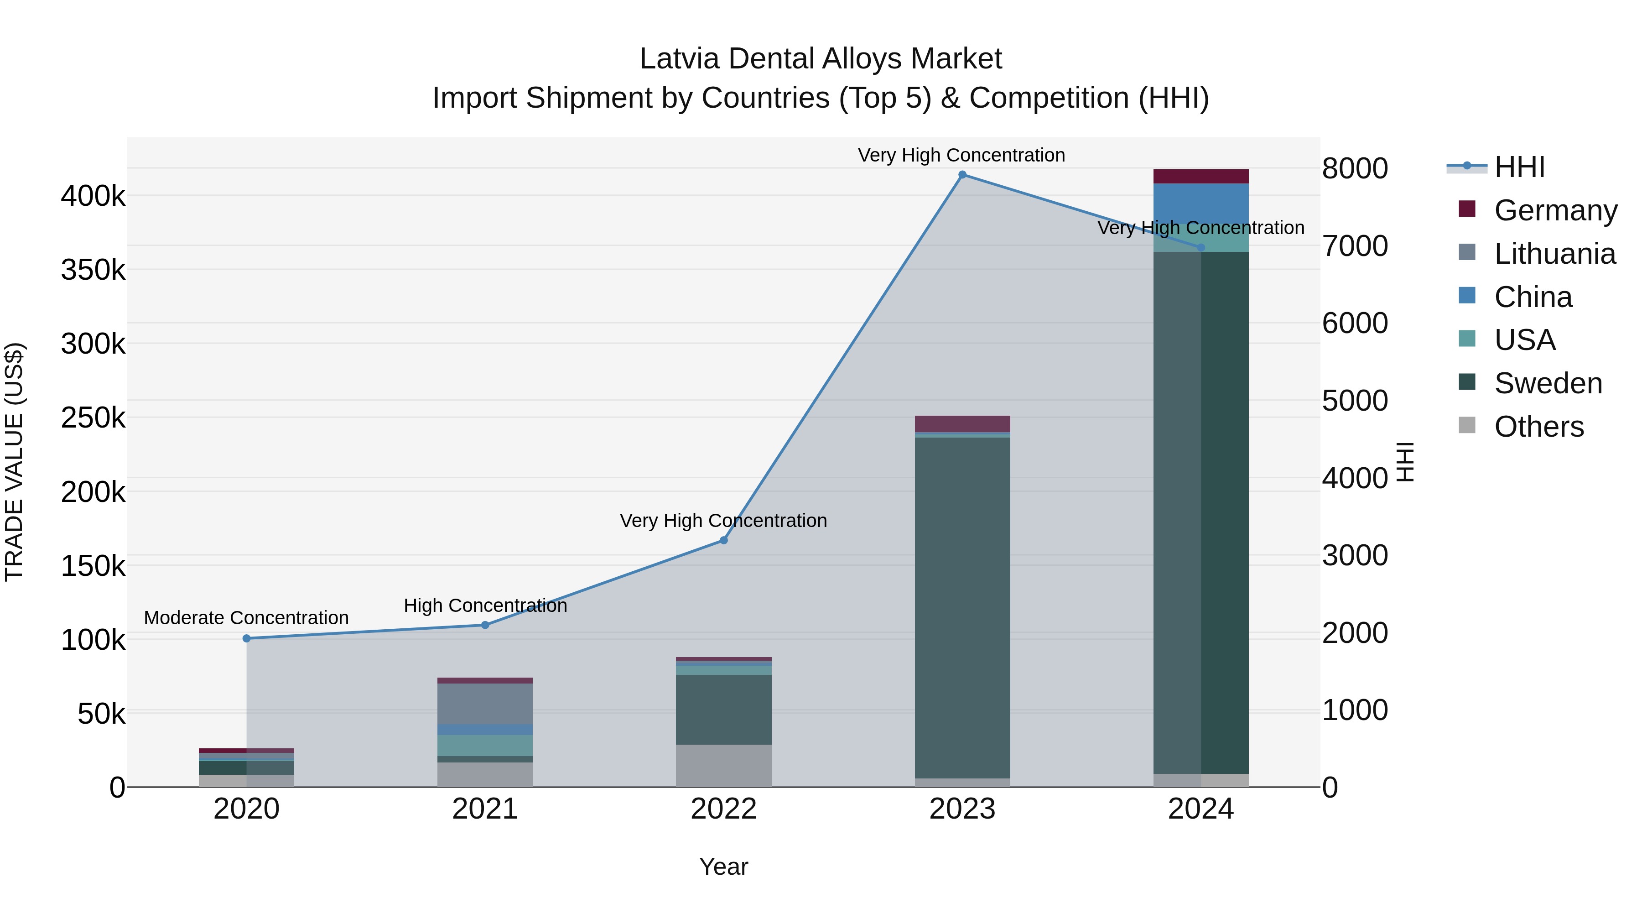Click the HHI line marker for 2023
962,175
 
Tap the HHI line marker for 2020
247,638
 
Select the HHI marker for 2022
723,540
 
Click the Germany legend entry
1555,210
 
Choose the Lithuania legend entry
1554,254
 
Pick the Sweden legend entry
1548,383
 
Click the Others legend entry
1539,427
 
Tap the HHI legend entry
1519,167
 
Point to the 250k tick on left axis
93,418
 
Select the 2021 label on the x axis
485,809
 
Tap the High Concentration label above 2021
485,605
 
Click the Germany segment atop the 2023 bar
962,423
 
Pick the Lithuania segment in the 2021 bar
485,703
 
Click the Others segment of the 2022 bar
723,765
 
